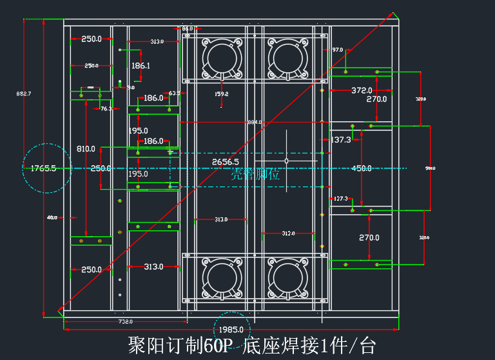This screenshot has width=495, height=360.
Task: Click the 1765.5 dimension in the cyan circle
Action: coord(44,168)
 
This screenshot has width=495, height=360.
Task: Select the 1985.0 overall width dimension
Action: coord(232,329)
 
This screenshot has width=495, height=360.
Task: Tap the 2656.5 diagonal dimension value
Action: coord(226,162)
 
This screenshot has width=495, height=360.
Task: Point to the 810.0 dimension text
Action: coord(85,149)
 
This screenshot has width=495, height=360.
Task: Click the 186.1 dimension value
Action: coord(141,66)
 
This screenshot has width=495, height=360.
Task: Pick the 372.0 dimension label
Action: coord(362,90)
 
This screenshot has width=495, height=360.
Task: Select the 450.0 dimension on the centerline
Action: coord(361,168)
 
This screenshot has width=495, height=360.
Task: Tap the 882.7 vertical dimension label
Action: coord(24,94)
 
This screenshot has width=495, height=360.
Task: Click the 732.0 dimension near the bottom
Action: coord(125,321)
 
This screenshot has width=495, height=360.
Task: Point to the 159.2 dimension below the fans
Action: coord(221,94)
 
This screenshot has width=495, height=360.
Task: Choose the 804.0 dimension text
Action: coord(255,122)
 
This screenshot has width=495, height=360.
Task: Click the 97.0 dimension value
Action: coord(337,50)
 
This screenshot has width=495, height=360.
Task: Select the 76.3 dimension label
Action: coord(106,109)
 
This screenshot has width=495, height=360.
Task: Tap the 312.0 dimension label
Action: coord(287,234)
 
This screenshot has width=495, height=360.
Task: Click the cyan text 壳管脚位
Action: coord(255,175)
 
